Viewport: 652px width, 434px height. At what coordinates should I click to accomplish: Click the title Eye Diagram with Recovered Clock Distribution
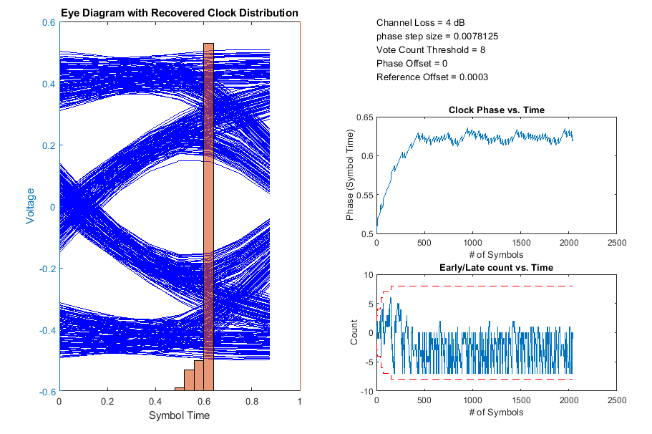click(179, 14)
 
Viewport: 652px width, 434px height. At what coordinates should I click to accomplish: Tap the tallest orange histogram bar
click(208, 215)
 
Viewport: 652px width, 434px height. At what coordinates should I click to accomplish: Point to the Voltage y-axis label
click(31, 207)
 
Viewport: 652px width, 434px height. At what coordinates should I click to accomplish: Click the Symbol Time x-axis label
click(179, 415)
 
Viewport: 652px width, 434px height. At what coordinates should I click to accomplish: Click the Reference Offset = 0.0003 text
click(432, 77)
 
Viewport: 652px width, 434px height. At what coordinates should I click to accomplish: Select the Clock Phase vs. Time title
click(497, 110)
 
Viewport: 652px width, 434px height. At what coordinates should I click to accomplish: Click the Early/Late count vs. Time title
click(497, 268)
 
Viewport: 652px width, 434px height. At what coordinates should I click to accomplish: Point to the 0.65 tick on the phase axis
click(364, 117)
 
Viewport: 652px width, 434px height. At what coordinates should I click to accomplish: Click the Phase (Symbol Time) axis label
click(350, 174)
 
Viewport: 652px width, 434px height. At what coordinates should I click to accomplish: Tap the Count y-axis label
click(354, 332)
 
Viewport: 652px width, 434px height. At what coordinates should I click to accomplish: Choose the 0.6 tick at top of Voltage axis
click(48, 22)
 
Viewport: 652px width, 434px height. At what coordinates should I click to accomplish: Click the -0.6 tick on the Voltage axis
click(47, 392)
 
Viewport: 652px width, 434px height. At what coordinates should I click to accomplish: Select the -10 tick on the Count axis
click(365, 392)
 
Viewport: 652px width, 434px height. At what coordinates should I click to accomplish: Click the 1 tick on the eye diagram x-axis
click(299, 402)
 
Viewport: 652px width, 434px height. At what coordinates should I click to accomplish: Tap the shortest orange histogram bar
click(179, 389)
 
